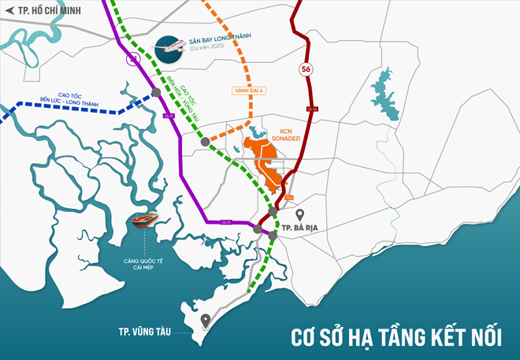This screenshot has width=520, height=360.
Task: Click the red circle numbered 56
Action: coord(306,70)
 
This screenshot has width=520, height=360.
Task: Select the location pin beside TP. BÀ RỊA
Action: coord(299,214)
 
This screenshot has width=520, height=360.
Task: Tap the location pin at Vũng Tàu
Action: coord(205,321)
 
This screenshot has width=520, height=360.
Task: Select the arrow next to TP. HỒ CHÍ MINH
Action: coord(10,11)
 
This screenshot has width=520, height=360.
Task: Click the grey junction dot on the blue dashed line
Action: coord(157,93)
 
